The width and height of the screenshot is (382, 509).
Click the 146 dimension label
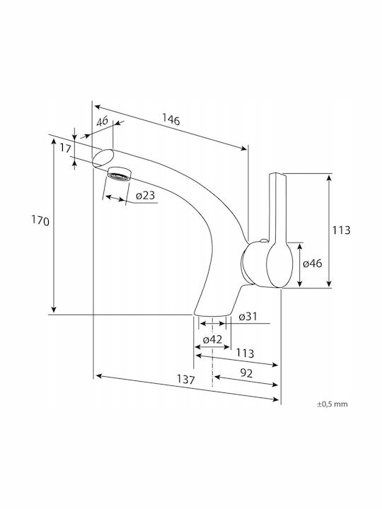pos(171,119)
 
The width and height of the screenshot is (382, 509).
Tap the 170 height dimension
pos(40,221)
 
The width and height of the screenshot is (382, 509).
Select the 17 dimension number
pos(65,148)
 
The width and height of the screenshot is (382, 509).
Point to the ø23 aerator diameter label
pos(145,195)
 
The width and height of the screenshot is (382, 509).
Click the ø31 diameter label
pos(248,316)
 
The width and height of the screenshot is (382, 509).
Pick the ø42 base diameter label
pos(212,339)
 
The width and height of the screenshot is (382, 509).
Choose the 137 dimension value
pos(186,379)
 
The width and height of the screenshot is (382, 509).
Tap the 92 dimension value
pos(247,373)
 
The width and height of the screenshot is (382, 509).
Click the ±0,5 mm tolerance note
pos(332,404)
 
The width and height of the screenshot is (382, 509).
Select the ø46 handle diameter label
pos(313,263)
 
